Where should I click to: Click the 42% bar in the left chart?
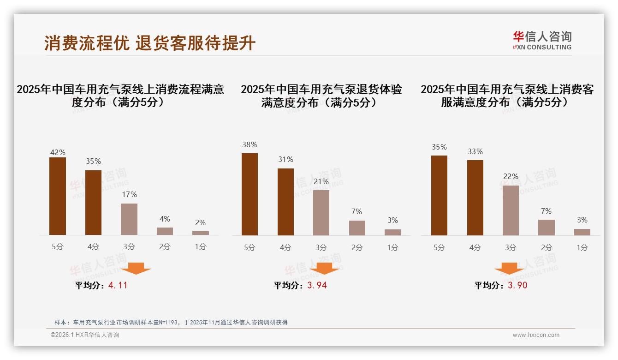pos(58,196)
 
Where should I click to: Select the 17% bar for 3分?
pos(129,219)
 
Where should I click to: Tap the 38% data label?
pos(250,144)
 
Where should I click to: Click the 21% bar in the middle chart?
pos(321,212)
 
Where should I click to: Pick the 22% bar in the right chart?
pos(511,210)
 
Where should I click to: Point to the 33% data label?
pos(475,151)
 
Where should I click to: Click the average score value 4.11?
pos(118,285)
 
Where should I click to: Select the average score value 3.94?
pos(317,285)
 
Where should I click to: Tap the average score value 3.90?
pos(517,285)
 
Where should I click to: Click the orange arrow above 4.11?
pos(136,268)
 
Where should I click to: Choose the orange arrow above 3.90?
pos(509,268)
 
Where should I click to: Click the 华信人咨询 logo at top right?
pos(542,40)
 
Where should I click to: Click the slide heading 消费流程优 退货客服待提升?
pos(150,43)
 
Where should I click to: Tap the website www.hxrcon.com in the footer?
pos(536,335)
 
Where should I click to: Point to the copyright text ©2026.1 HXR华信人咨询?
pos(85,335)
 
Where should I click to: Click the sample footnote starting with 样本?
pos(171,322)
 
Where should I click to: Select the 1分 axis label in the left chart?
pos(201,247)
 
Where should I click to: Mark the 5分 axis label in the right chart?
pos(439,247)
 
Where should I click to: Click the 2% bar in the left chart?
pos(201,233)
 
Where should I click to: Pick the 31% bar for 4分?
pos(285,202)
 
